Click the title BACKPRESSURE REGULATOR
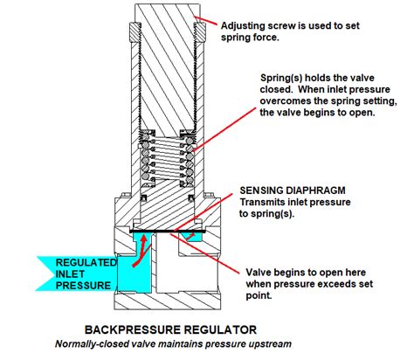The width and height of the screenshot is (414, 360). click(170, 329)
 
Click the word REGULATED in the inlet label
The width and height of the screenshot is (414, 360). click(86, 262)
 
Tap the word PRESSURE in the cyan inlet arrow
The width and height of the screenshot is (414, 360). click(83, 285)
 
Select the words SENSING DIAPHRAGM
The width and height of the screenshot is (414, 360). click(293, 190)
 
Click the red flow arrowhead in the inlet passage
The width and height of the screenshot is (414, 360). click(143, 239)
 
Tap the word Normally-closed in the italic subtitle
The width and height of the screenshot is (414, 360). click(91, 344)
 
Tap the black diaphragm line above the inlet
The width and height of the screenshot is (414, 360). click(168, 231)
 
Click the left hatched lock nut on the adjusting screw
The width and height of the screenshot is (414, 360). click(135, 31)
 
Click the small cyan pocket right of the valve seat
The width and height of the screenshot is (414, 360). click(190, 237)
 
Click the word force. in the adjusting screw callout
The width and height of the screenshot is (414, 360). click(264, 38)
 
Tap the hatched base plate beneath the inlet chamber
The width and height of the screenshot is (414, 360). click(167, 301)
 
